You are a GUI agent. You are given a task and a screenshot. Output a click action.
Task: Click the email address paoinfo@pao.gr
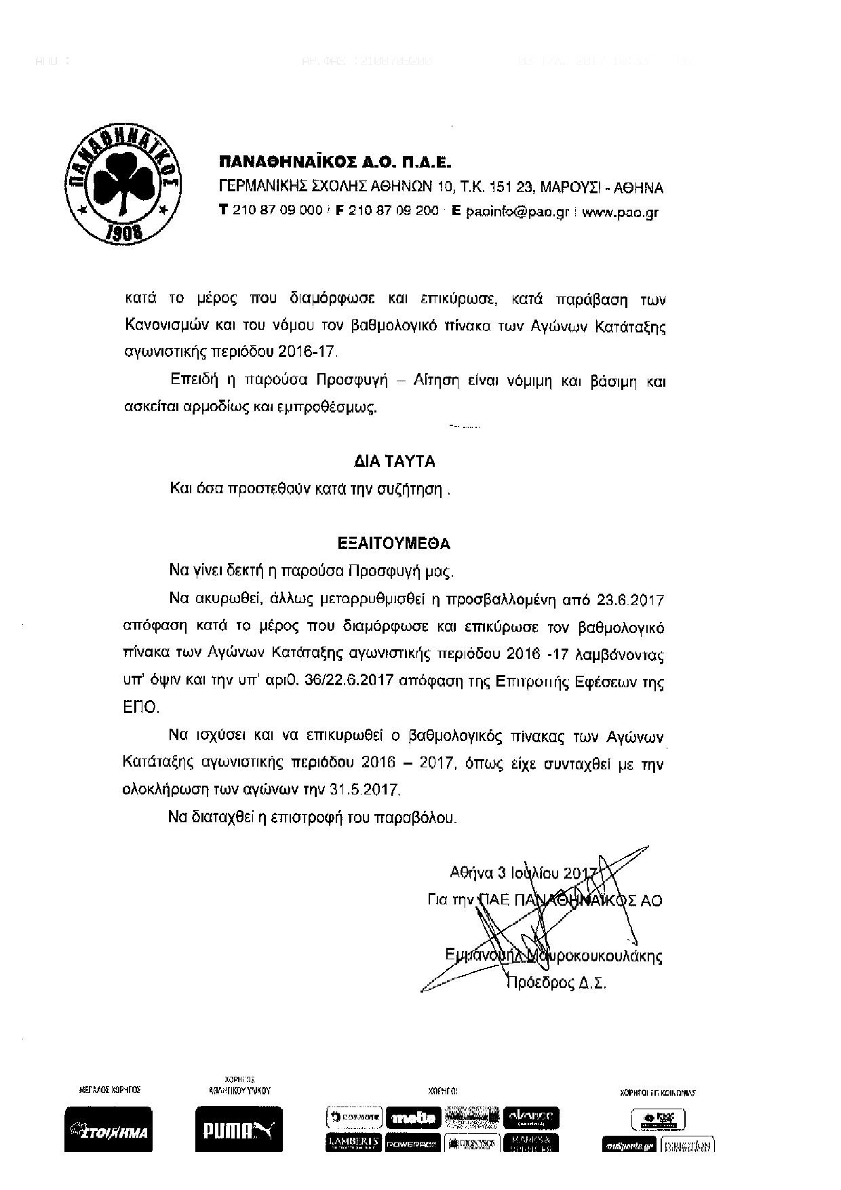(x=517, y=211)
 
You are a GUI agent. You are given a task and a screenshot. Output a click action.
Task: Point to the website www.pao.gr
(x=620, y=211)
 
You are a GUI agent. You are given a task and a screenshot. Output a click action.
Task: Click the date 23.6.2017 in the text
(x=630, y=600)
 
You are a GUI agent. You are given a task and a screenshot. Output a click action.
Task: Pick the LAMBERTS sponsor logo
(x=354, y=1142)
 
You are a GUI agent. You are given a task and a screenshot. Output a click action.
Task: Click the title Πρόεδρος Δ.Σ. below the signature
(x=555, y=982)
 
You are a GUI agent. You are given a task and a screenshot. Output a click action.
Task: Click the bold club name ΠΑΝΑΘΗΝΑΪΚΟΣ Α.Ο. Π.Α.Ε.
(x=334, y=163)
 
